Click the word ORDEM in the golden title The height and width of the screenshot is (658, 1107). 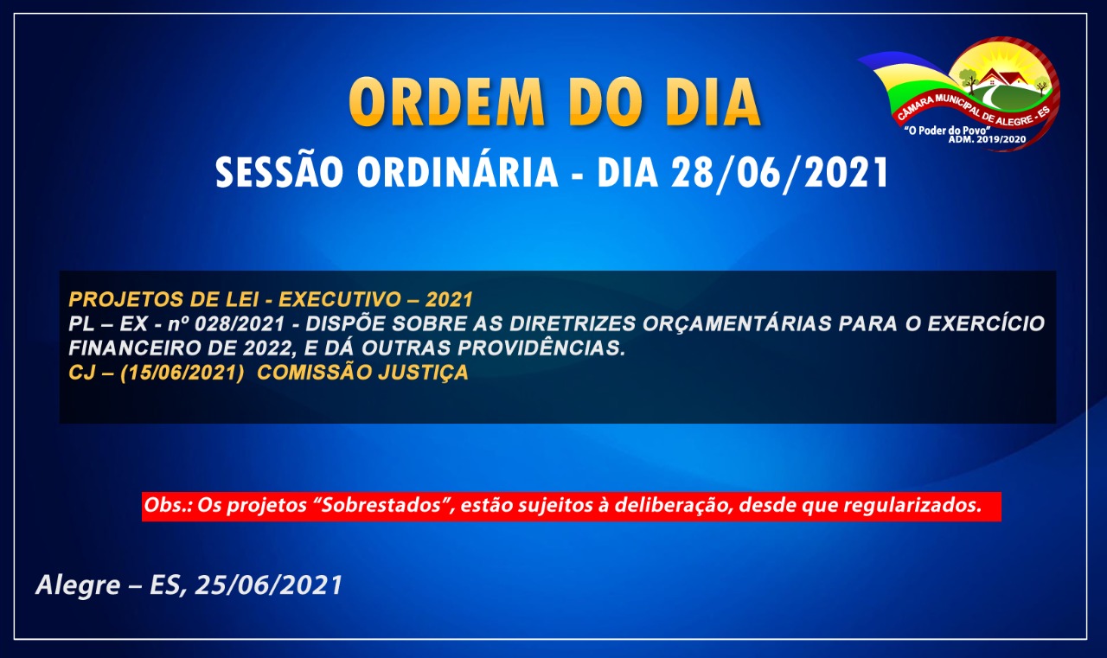(447, 102)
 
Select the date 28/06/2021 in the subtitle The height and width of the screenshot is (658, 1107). (780, 173)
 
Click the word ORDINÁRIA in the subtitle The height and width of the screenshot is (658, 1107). (458, 172)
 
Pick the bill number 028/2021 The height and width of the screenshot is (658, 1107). (240, 324)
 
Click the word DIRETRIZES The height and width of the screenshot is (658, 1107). (573, 324)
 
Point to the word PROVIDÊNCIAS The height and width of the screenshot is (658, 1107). (541, 348)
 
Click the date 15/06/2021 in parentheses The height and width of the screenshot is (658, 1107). (182, 373)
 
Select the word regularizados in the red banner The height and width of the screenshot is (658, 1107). (912, 505)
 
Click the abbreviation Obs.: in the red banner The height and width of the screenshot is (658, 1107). (168, 505)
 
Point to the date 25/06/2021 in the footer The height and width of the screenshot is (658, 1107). (268, 585)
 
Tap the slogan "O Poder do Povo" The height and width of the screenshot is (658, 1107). (947, 131)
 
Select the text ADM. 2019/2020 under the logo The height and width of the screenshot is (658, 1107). (987, 139)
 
